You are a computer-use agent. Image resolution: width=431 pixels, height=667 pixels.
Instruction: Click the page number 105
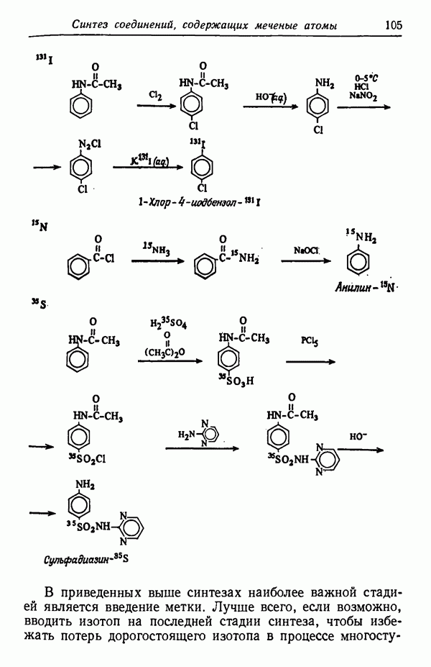(x=393, y=24)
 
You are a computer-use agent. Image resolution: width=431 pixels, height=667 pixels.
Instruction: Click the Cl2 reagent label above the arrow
(x=155, y=94)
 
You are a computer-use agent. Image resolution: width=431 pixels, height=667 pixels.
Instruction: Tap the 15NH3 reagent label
(x=157, y=251)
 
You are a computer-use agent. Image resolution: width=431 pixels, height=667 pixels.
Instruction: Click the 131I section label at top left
(x=41, y=58)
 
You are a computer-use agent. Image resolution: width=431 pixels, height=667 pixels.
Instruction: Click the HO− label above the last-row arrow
(x=358, y=436)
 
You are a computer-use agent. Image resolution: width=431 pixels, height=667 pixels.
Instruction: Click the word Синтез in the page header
(x=94, y=25)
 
